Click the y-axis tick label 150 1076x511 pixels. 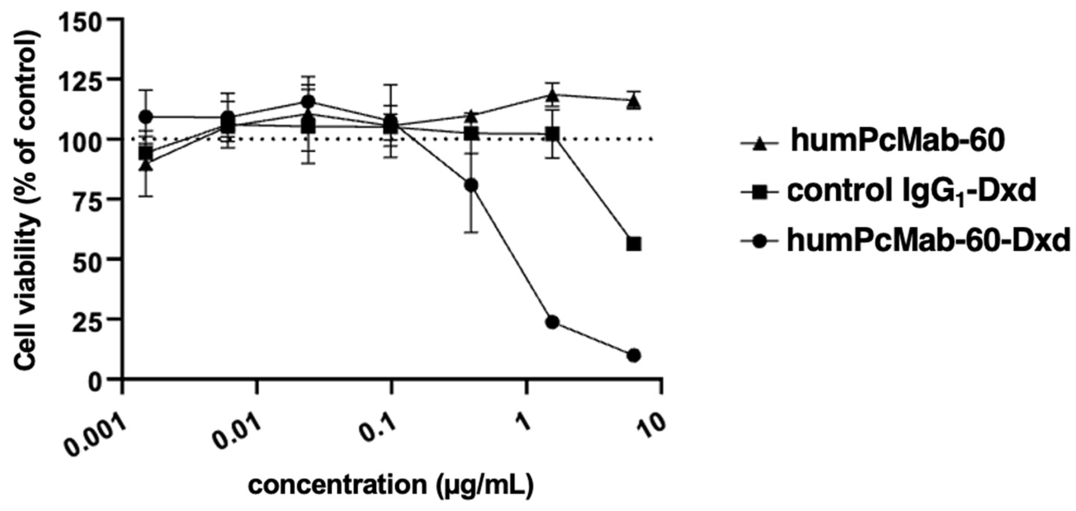(81, 20)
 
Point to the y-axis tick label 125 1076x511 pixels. (81, 79)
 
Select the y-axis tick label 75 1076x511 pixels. (89, 199)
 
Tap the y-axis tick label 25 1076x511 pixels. (89, 319)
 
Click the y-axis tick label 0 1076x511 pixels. (96, 379)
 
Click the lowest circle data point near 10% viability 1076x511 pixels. (634, 356)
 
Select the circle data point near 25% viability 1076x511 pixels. (552, 322)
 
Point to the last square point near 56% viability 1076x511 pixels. (634, 244)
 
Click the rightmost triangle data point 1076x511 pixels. (634, 101)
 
